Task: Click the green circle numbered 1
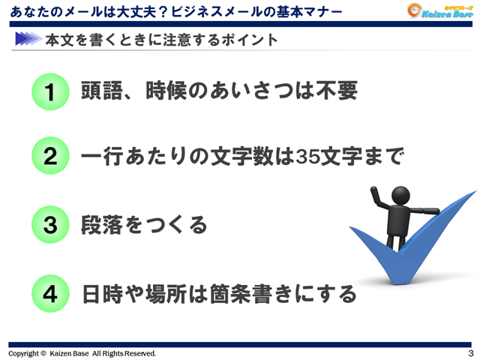tap(50, 92)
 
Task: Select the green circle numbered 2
tap(50, 157)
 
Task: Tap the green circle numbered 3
tap(50, 224)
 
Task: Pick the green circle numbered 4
tap(50, 293)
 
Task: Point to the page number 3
tap(469, 352)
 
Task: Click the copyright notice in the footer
tap(82, 352)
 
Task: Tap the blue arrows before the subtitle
tap(26, 39)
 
